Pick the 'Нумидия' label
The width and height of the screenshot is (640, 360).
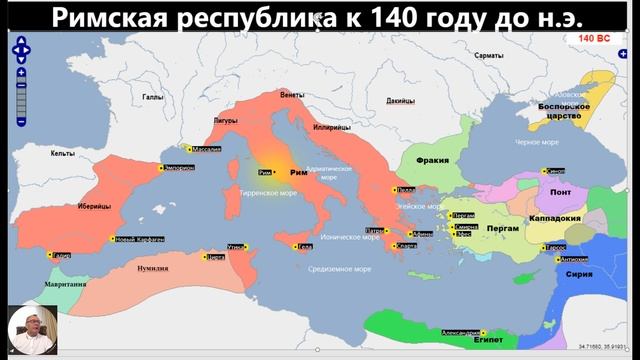(152, 267)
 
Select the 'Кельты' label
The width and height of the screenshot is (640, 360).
(63, 153)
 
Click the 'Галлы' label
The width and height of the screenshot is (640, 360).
(152, 97)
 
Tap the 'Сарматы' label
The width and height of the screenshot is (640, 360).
(489, 55)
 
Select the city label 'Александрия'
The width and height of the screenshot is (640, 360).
(461, 331)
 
